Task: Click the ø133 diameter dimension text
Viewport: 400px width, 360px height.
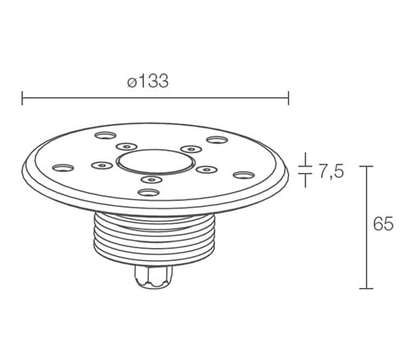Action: pyautogui.click(x=147, y=81)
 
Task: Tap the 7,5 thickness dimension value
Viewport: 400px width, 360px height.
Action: pyautogui.click(x=331, y=171)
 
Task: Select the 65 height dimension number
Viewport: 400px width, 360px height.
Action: pyautogui.click(x=384, y=224)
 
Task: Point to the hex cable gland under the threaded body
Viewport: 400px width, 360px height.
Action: pyautogui.click(x=153, y=277)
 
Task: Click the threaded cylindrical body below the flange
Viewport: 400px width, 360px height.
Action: pyautogui.click(x=155, y=238)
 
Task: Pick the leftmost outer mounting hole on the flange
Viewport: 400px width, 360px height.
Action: pyautogui.click(x=63, y=167)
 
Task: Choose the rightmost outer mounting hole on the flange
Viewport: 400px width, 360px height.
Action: pyautogui.click(x=244, y=175)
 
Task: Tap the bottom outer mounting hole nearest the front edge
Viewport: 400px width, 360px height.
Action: pyautogui.click(x=149, y=192)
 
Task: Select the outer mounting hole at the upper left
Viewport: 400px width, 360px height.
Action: pyautogui.click(x=105, y=135)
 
